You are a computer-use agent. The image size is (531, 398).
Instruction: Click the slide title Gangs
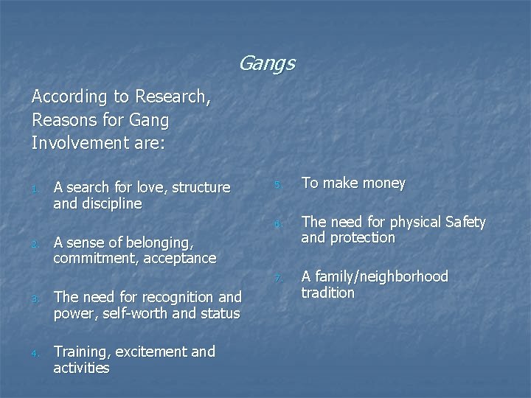266,64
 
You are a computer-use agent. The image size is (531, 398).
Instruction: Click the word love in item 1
153,187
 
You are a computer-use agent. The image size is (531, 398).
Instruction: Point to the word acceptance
181,259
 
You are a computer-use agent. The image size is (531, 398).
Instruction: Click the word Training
83,352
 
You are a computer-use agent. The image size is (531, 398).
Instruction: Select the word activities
81,368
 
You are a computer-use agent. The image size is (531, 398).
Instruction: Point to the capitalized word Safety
462,222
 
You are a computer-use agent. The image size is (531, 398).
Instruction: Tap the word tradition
328,293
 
